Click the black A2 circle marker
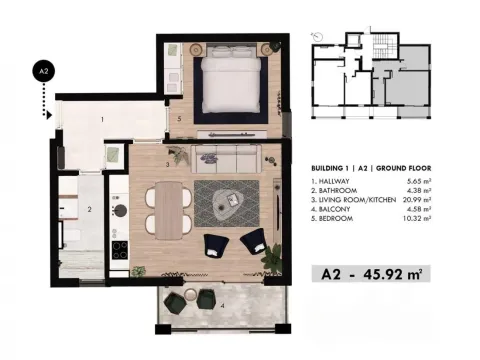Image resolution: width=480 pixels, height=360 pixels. click(x=42, y=72)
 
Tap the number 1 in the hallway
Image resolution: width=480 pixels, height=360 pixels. click(x=102, y=120)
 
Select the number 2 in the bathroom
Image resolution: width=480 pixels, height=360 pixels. click(x=89, y=209)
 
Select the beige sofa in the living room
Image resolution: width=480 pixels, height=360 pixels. click(x=225, y=158)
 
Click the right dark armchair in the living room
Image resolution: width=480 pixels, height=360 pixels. click(x=253, y=241)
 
